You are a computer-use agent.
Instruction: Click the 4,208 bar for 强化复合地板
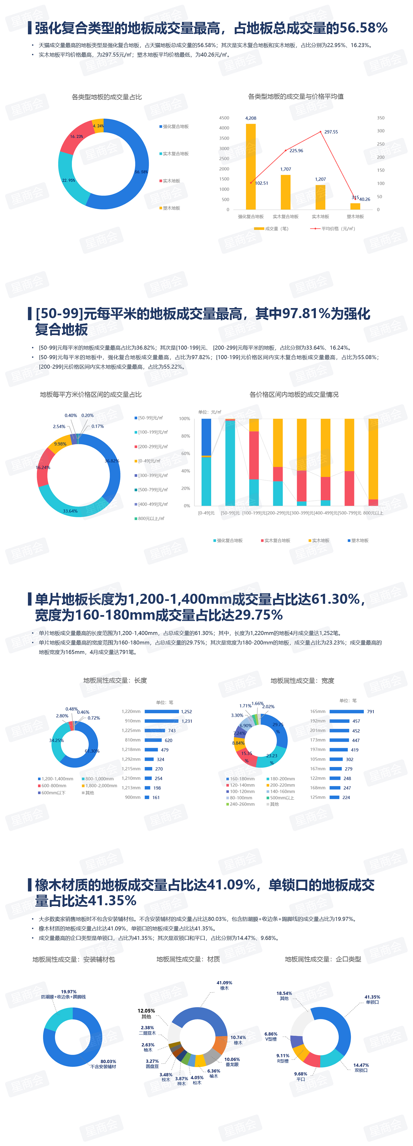[250, 167]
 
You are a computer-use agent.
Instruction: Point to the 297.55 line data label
[331, 132]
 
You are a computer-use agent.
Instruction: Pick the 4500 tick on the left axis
[224, 118]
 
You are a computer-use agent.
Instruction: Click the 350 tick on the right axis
[381, 118]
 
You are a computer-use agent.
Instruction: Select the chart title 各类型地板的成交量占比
[107, 97]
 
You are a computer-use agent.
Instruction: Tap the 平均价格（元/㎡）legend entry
[334, 229]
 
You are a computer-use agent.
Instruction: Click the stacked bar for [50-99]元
[230, 463]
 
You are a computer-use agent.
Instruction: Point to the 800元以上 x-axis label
[373, 513]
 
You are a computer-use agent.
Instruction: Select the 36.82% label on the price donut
[112, 461]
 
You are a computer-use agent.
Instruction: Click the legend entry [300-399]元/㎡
[152, 476]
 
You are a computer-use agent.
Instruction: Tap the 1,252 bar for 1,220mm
[162, 711]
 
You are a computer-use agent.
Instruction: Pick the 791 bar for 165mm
[346, 711]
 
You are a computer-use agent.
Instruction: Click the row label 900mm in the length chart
[133, 797]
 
